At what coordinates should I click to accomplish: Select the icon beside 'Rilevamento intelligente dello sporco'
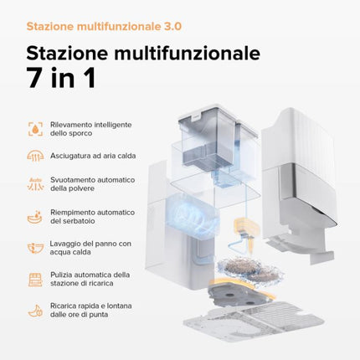pyautogui.click(x=35, y=129)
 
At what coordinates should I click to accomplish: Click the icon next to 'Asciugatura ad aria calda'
pyautogui.click(x=35, y=156)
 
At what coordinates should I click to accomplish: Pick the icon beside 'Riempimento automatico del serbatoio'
pyautogui.click(x=35, y=217)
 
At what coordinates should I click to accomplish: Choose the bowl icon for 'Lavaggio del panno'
pyautogui.click(x=35, y=248)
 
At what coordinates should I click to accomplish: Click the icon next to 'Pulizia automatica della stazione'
pyautogui.click(x=35, y=279)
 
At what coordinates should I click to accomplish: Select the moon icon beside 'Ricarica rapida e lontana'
pyautogui.click(x=35, y=310)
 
